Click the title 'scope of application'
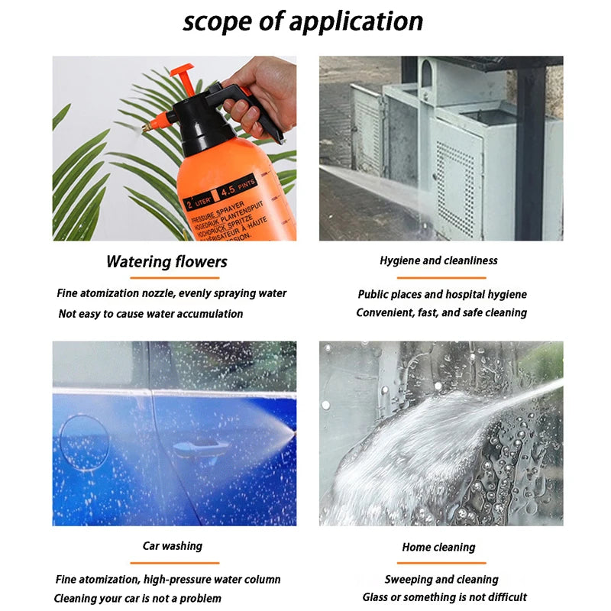303,21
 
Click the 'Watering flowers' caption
166,262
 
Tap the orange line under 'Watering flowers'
166,278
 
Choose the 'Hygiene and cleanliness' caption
438,260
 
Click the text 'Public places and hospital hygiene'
442,294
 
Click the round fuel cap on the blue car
84,441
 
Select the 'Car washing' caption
173,545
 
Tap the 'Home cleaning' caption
438,547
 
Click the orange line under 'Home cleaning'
441,563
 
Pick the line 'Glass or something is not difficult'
445,596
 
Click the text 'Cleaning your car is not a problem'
137,597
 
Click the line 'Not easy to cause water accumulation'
150,313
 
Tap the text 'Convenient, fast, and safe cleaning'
441,312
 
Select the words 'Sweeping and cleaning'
441,579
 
